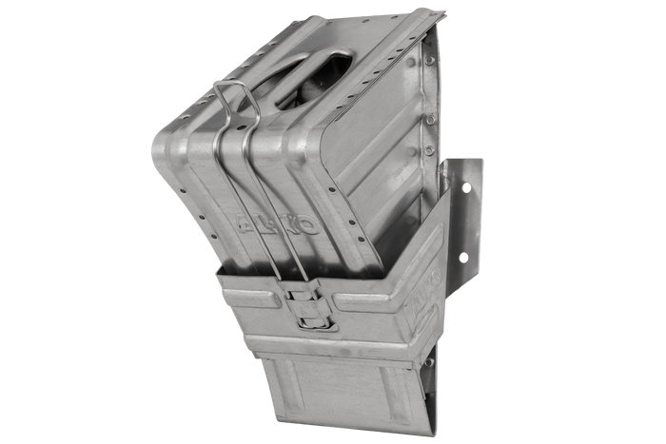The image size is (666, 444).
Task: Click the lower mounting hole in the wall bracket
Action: point(465,258)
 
